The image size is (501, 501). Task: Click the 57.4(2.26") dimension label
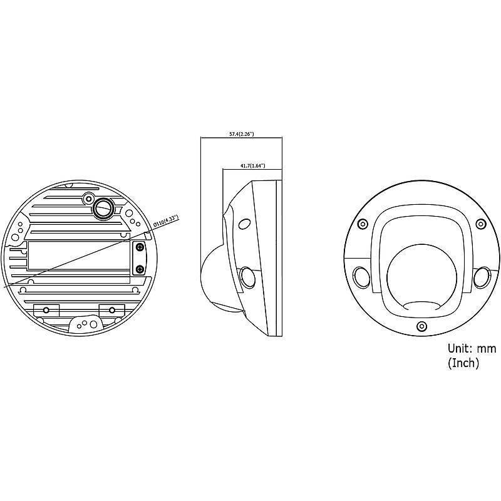pos(241,135)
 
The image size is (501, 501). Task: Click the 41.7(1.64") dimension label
pos(252,166)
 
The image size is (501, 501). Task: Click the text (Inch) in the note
pos(463,363)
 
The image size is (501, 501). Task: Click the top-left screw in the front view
pos(362,224)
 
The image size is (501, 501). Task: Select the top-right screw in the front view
pos(480,224)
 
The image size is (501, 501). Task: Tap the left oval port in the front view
pos(362,276)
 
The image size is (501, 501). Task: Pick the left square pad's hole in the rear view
pos(45,310)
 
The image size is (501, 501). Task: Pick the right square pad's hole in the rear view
pos(111,310)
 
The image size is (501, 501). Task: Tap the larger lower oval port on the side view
pos(247,276)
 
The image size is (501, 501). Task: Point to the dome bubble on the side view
pos(213,282)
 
